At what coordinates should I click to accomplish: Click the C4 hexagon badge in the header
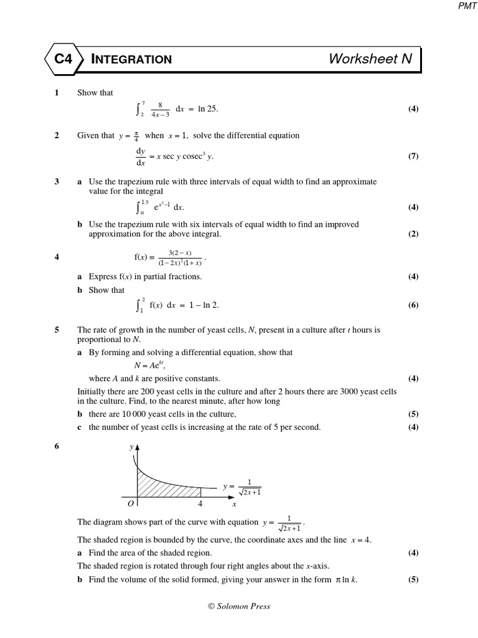click(63, 59)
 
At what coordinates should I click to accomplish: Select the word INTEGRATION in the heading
click(131, 60)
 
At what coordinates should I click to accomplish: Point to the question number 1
click(57, 93)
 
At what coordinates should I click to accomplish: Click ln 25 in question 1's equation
click(208, 109)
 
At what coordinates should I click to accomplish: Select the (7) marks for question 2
click(413, 156)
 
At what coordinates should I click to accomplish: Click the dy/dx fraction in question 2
click(140, 157)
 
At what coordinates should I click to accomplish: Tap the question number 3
click(57, 181)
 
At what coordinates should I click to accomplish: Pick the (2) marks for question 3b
click(413, 234)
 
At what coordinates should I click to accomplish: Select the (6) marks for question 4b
click(413, 305)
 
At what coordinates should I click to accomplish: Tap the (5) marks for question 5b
click(413, 414)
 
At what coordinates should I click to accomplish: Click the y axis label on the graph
click(131, 447)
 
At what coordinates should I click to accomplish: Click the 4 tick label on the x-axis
click(200, 503)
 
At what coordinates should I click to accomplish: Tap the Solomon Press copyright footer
click(239, 606)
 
